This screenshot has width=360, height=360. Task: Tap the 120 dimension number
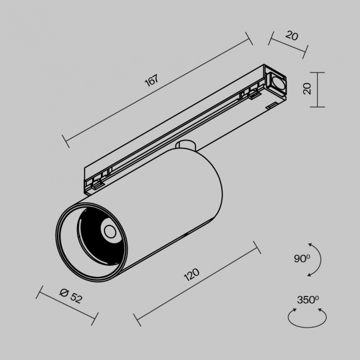(192, 276)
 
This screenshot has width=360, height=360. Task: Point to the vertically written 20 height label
(307, 89)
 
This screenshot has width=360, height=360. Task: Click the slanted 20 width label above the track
(292, 36)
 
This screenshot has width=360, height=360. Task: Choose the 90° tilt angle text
(302, 259)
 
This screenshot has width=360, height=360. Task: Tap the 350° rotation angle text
(307, 299)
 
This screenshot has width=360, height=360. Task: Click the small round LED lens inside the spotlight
(109, 231)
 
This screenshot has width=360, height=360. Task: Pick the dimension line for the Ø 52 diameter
(67, 304)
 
